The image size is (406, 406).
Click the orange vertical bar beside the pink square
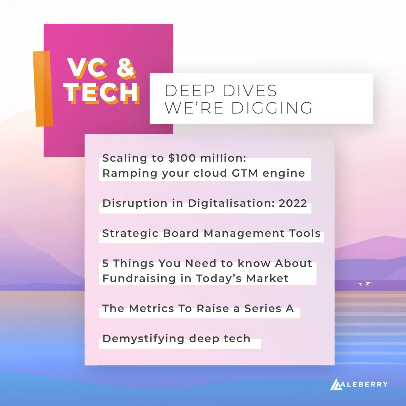pos(42,88)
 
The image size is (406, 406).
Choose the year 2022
pos(293,203)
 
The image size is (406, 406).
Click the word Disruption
pos(130,203)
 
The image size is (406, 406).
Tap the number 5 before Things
pos(106,263)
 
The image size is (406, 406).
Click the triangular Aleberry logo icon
pos(336,384)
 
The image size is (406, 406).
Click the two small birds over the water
pos(364,283)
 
